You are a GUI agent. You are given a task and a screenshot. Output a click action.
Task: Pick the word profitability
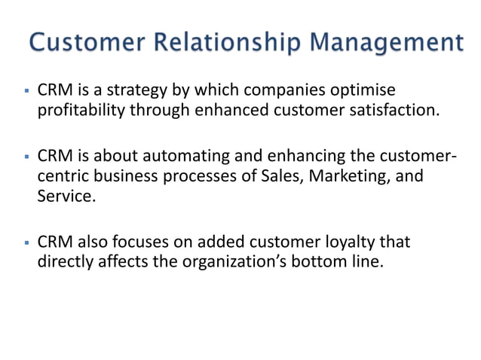[81, 111]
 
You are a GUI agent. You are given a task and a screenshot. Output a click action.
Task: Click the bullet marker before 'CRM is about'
[26, 158]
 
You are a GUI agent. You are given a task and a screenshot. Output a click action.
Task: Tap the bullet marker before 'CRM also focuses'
[26, 245]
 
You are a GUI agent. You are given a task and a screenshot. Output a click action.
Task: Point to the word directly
[65, 264]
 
